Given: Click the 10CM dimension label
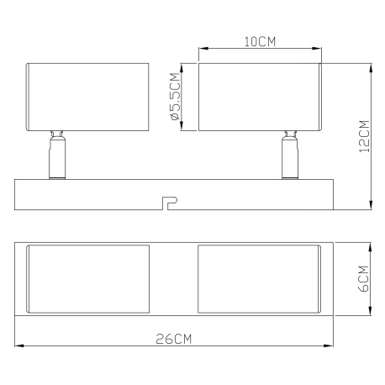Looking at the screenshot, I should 260,41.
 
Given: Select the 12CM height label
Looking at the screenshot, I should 364,135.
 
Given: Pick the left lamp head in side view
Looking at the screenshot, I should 88,98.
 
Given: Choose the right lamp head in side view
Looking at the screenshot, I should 260,98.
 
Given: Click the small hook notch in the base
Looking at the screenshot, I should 168,202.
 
